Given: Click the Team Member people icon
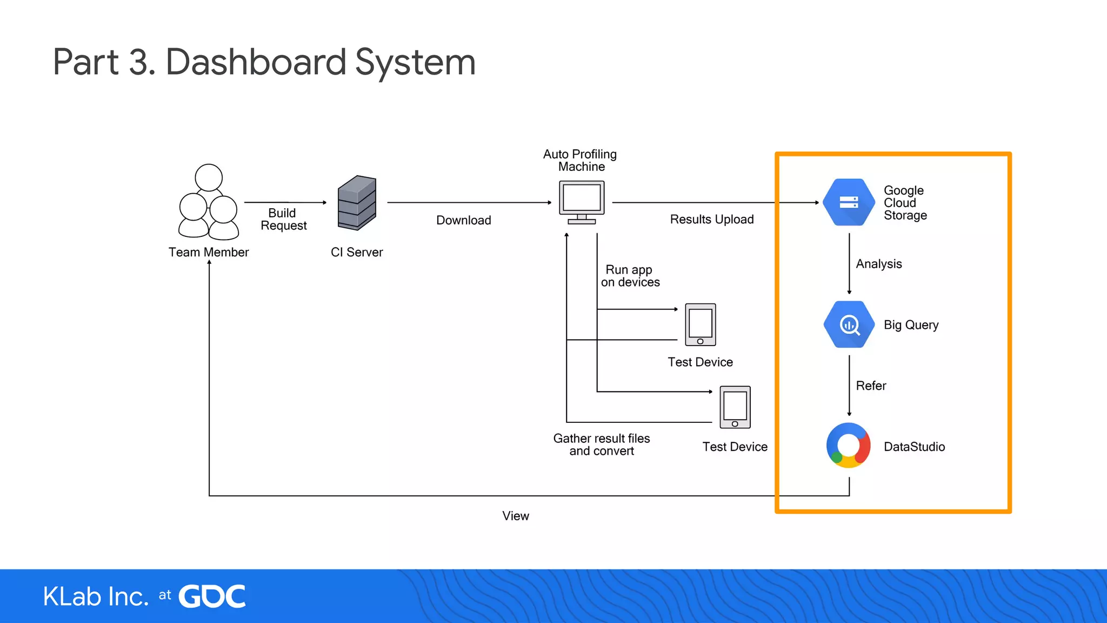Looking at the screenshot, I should (x=209, y=203).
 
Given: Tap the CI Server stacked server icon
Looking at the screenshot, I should (x=357, y=203).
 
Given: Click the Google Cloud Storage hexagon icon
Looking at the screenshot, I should (x=849, y=202).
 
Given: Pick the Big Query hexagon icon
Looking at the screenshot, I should (x=849, y=324).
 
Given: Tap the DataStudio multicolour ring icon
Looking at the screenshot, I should (x=849, y=446).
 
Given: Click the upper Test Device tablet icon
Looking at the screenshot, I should (x=700, y=324).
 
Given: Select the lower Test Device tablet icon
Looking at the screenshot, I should (x=735, y=407).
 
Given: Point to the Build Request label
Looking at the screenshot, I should (x=283, y=219).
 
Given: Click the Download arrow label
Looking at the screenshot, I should (x=463, y=220).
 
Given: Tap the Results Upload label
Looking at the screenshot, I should (x=711, y=219).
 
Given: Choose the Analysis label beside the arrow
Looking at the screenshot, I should (x=878, y=264).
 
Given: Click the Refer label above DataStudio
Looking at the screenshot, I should (x=871, y=386).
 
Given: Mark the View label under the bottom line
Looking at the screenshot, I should (x=515, y=516).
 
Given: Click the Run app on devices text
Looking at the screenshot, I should (x=630, y=276).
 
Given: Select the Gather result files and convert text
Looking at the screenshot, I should (x=601, y=445).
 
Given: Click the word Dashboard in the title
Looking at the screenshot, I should (x=255, y=62).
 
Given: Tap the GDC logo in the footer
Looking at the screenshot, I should (x=212, y=597).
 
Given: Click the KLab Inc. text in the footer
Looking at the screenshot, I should (x=96, y=597).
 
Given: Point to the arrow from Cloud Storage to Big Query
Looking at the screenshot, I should (x=849, y=263).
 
